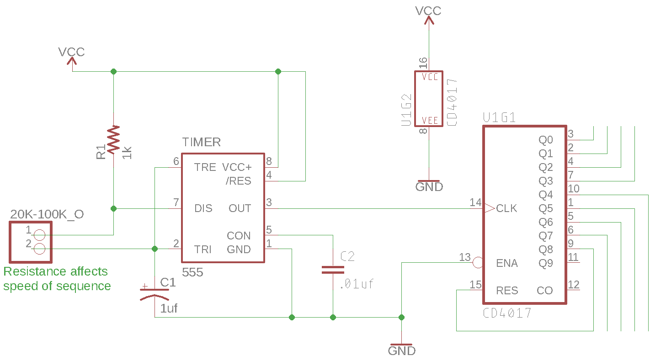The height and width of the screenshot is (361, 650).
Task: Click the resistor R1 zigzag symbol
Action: click(113, 140)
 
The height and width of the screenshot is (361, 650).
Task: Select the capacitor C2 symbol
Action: click(333, 269)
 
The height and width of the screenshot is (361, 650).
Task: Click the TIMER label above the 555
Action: click(201, 142)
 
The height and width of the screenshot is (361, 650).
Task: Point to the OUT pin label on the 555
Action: click(240, 208)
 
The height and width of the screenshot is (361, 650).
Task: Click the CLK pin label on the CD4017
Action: click(506, 208)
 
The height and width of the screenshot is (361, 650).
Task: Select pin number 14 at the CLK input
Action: click(475, 202)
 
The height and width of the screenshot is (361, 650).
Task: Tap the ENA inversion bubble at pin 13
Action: click(478, 263)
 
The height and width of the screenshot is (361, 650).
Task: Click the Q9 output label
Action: click(545, 263)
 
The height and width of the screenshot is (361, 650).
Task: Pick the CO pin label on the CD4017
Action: click(544, 291)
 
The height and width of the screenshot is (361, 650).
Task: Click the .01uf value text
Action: click(357, 284)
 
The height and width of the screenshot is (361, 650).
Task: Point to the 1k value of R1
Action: click(127, 152)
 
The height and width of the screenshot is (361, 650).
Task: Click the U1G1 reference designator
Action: click(499, 118)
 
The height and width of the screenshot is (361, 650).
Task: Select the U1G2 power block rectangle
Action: click(429, 99)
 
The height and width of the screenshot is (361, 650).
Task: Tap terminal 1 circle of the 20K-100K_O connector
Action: click(40, 235)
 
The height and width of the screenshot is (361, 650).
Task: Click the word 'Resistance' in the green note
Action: click(32, 271)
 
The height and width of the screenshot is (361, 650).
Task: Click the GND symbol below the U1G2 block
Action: click(429, 186)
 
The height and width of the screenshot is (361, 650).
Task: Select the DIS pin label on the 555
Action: click(203, 208)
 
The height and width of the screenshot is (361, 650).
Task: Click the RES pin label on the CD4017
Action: click(507, 291)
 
